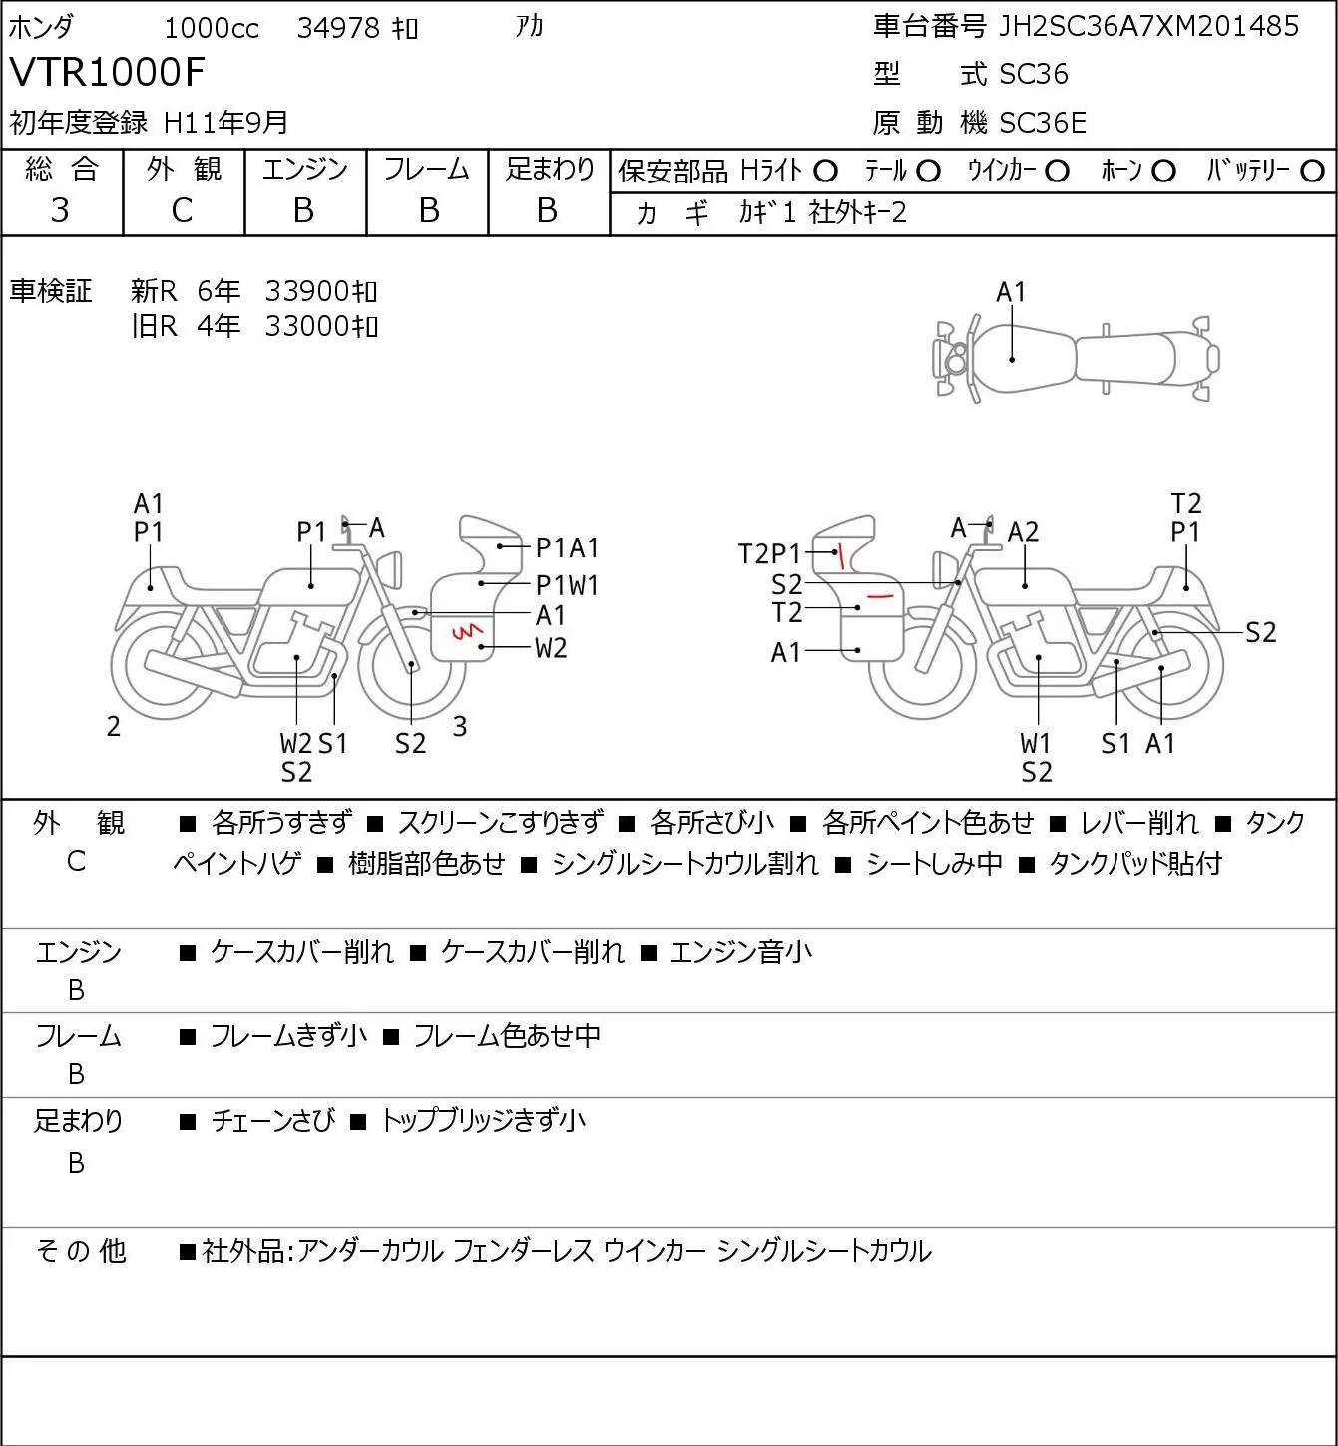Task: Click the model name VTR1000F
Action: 107,72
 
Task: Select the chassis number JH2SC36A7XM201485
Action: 1147,26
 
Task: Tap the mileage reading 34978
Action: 338,28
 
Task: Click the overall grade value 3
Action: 60,210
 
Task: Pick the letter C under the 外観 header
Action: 183,210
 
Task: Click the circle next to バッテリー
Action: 1311,172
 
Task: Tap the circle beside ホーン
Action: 1163,172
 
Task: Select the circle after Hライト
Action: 825,172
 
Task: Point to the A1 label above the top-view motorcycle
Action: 1011,293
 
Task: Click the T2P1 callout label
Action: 769,554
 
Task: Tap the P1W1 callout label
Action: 567,585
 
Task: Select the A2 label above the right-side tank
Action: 1023,532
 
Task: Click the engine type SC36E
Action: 1042,123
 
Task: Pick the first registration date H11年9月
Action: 225,123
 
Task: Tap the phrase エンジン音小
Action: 740,952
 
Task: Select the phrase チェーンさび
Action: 273,1121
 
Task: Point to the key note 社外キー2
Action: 858,212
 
